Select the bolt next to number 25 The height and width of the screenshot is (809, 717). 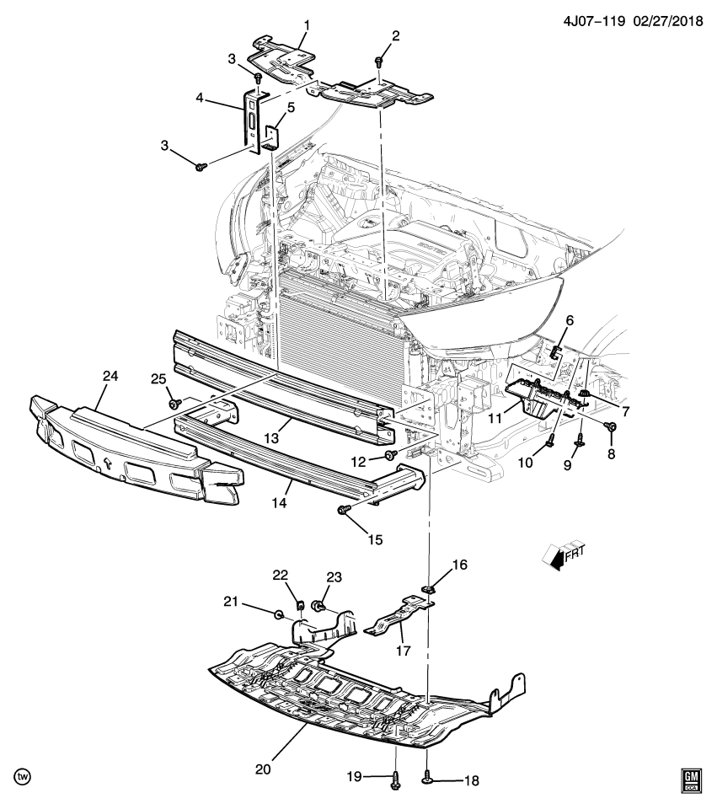pyautogui.click(x=174, y=405)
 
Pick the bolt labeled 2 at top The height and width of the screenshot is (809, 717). pyautogui.click(x=379, y=62)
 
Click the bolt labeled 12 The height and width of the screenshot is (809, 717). pyautogui.click(x=391, y=456)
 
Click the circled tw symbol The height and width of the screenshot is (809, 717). pyautogui.click(x=19, y=774)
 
